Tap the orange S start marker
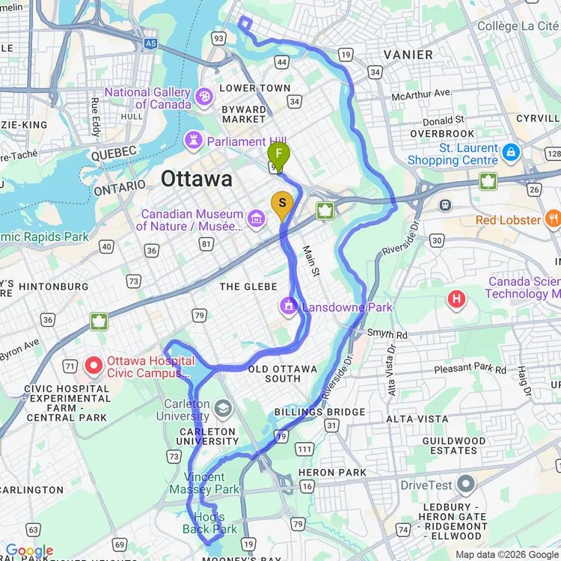[x=282, y=203]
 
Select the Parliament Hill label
[x=236, y=141]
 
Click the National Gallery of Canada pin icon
[x=203, y=96]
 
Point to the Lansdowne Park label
[x=347, y=307]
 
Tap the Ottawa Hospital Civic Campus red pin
[x=93, y=366]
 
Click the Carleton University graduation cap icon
[x=222, y=408]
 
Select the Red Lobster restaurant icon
[x=553, y=219]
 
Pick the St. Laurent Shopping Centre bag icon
[x=511, y=153]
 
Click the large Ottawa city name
[x=196, y=180]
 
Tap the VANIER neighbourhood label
[x=408, y=55]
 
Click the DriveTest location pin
[x=465, y=484]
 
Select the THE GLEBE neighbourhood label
[x=240, y=286]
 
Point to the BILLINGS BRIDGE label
[x=319, y=412]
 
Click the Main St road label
[x=310, y=260]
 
